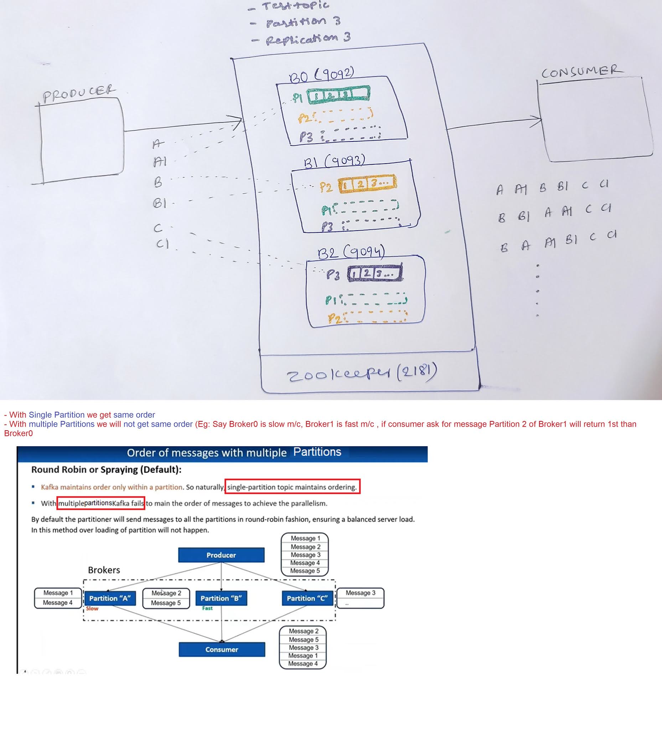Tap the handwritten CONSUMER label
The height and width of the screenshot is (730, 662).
click(x=582, y=71)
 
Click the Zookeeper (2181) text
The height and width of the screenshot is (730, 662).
click(x=362, y=373)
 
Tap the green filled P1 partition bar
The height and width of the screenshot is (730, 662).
click(x=338, y=95)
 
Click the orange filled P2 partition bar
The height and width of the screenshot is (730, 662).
click(x=367, y=184)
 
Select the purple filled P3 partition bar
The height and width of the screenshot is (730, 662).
click(x=375, y=273)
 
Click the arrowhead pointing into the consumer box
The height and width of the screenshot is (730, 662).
click(x=537, y=120)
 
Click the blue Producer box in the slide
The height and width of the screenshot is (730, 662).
click(x=221, y=555)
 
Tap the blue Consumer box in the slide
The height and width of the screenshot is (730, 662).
click(x=222, y=649)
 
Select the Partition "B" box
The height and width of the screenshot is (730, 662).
click(x=221, y=598)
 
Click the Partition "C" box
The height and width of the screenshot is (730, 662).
click(x=307, y=598)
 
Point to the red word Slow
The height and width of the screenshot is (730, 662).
click(x=92, y=608)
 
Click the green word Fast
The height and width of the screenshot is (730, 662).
click(x=207, y=608)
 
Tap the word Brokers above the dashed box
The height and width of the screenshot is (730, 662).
click(x=104, y=570)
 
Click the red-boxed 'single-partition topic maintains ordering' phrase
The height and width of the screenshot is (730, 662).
click(x=292, y=487)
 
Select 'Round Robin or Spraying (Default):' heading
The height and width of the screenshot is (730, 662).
click(x=107, y=470)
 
